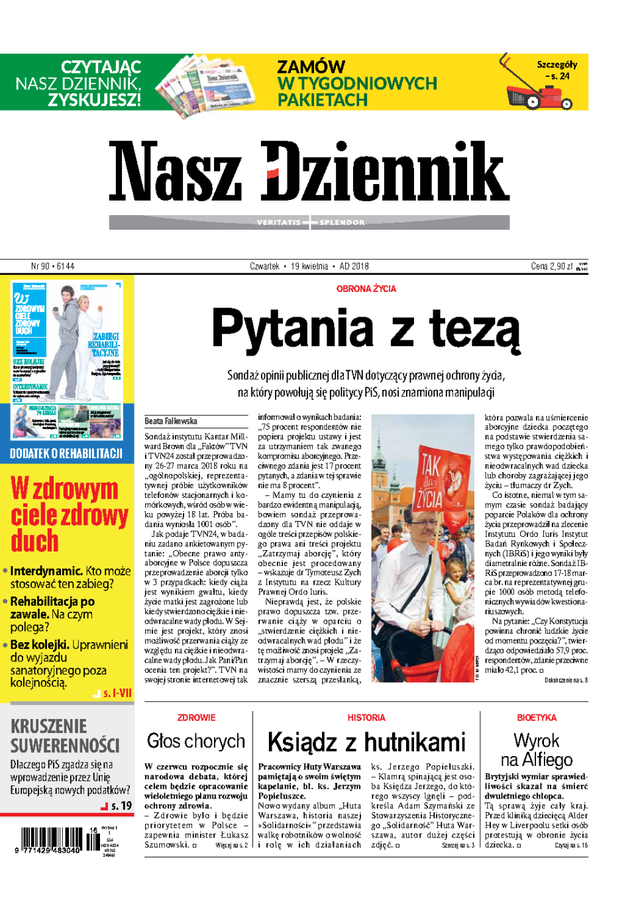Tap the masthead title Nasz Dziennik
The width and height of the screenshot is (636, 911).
309,172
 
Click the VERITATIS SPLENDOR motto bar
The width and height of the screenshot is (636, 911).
309,222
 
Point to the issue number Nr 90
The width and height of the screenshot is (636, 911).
52,266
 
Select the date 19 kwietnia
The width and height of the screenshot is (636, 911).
309,266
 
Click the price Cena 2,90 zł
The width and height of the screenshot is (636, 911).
552,266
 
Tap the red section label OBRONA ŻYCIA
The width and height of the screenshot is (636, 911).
366,289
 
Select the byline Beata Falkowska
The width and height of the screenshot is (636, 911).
171,421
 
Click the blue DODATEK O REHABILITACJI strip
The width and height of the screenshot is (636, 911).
66,454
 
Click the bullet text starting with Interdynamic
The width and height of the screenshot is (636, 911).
70,577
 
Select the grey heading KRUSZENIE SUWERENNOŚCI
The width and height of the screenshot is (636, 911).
65,736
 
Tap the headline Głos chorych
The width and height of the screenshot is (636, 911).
196,741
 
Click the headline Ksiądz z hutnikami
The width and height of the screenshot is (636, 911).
366,742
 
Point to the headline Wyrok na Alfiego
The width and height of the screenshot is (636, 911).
536,749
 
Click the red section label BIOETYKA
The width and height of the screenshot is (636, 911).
536,718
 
